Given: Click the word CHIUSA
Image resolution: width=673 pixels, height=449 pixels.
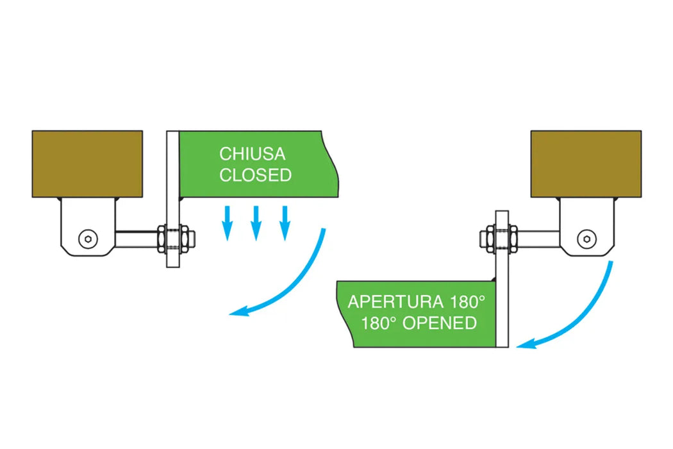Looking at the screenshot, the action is [253, 154].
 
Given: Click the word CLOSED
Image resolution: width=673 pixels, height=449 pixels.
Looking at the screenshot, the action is [255, 175].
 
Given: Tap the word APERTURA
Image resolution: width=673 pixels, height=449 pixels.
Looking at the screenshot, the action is [395, 301].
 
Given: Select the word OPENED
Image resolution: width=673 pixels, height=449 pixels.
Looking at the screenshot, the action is [439, 323].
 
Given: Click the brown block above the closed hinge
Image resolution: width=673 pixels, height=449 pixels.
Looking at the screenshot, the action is [87, 164].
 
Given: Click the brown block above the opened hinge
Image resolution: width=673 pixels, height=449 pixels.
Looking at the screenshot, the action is [586, 164].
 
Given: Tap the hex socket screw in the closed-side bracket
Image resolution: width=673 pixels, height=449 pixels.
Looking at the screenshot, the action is [88, 239].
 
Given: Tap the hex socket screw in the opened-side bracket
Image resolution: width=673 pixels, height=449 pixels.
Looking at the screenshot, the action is [586, 239].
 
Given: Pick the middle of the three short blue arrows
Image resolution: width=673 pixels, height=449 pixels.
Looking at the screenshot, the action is [256, 223].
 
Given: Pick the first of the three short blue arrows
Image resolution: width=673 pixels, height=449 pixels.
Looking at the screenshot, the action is [228, 223].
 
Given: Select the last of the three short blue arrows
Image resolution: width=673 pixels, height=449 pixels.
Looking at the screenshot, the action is [285, 223].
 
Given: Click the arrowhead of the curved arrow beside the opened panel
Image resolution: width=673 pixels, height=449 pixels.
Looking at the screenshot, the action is [526, 343].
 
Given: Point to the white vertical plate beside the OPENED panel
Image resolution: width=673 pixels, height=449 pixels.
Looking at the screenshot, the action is [502, 279].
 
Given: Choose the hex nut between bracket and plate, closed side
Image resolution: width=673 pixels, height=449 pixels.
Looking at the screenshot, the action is [162, 238].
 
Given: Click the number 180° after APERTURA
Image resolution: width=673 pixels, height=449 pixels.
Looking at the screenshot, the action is [467, 301].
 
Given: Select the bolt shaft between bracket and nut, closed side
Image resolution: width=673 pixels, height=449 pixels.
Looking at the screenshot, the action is [137, 239].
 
